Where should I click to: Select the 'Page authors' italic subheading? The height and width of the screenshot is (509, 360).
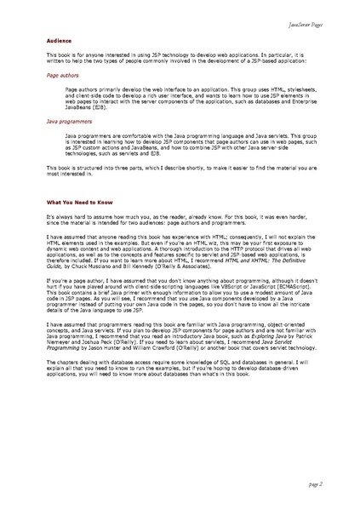point(61,75)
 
